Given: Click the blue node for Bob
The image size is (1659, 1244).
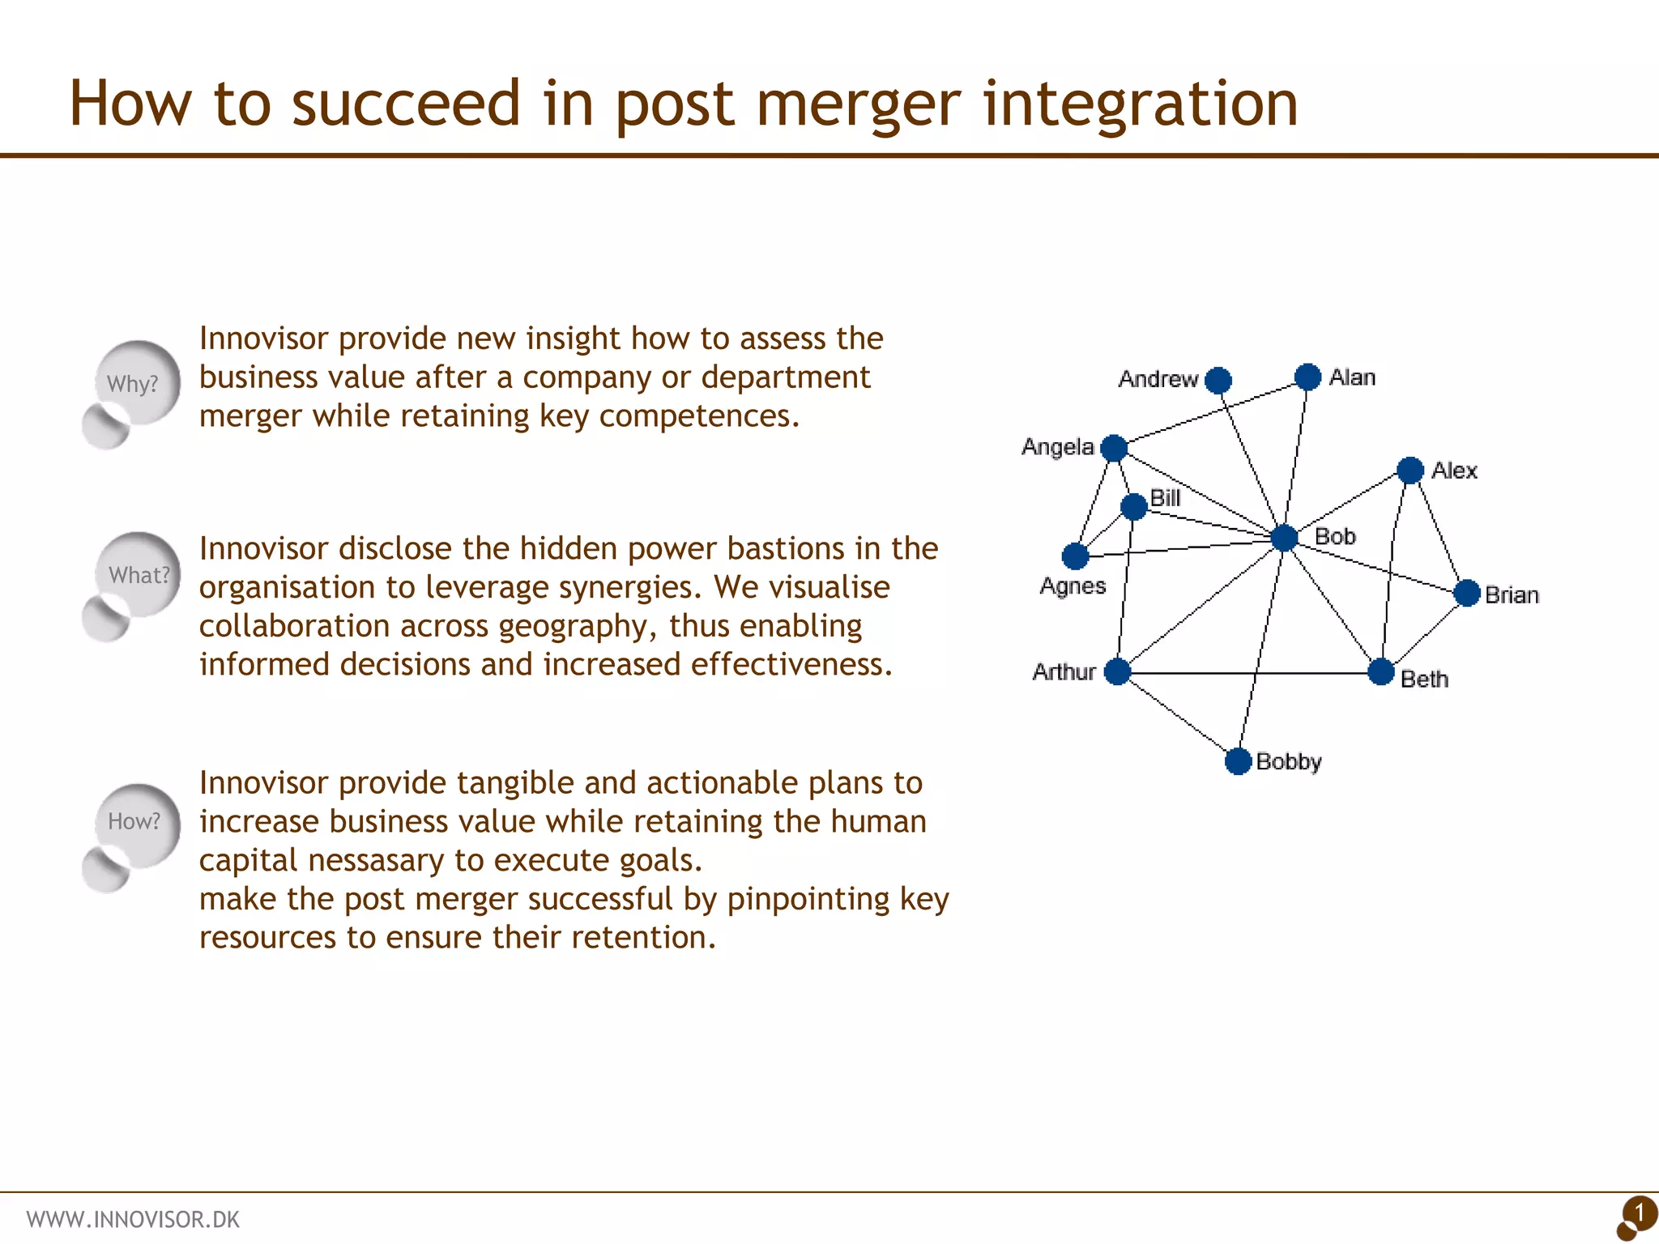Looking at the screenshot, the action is click(1284, 538).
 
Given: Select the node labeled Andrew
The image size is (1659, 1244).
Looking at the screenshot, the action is click(1218, 380).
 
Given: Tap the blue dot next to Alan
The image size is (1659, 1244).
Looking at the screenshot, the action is click(1307, 377).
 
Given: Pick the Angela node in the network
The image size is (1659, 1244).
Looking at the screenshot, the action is click(1115, 447).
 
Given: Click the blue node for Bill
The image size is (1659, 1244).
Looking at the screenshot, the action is click(1134, 507).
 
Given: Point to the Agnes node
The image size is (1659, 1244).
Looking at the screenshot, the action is click(1075, 556).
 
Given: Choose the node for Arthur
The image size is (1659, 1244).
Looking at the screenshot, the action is click(1118, 671).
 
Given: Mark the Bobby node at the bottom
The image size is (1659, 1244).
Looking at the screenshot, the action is click(1238, 761).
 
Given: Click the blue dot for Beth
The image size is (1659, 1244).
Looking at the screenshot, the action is click(1381, 671).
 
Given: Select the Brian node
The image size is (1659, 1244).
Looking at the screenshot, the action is click(1467, 594).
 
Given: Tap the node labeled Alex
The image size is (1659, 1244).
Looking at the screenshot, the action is click(1410, 470).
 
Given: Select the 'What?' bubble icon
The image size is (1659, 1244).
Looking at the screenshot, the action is click(138, 575).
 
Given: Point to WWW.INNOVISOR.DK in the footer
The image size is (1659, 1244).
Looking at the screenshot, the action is click(133, 1220).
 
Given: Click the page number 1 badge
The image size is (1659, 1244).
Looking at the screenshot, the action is click(1638, 1215).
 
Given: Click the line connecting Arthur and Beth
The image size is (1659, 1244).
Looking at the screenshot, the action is click(1247, 673).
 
